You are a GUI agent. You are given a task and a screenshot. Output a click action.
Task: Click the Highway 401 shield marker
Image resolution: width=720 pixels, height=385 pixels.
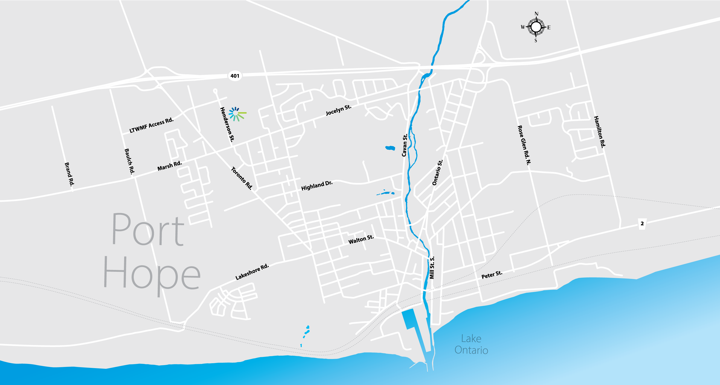point(235,76)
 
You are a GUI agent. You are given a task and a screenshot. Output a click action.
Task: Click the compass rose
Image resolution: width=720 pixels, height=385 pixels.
point(536,27)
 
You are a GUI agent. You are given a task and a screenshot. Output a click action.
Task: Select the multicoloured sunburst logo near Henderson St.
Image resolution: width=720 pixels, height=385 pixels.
point(237,114)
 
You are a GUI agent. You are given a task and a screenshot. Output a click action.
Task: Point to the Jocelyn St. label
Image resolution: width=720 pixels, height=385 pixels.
point(338,110)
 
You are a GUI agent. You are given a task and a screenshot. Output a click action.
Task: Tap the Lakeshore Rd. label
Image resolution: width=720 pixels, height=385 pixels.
point(252,272)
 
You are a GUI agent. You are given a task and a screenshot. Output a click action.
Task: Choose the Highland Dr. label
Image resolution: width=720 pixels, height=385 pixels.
point(317,186)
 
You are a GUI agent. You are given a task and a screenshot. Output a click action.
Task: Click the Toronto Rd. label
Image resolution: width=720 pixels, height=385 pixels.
point(242,178)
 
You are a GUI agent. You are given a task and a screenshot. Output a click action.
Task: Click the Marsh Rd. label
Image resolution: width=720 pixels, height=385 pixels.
point(170,166)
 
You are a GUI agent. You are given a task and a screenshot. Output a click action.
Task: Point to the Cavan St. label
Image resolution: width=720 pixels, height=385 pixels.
point(405,145)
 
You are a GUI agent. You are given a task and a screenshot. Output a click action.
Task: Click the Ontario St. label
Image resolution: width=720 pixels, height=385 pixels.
point(438,172)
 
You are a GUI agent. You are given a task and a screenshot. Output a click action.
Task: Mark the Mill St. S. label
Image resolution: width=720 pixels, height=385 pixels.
point(432,268)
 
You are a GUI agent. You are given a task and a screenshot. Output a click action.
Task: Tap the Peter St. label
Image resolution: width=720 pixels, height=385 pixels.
point(492,275)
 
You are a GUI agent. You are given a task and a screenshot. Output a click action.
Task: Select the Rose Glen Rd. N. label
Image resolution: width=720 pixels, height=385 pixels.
point(524,145)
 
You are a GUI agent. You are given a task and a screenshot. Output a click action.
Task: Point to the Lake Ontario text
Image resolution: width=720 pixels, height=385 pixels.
point(471,344)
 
